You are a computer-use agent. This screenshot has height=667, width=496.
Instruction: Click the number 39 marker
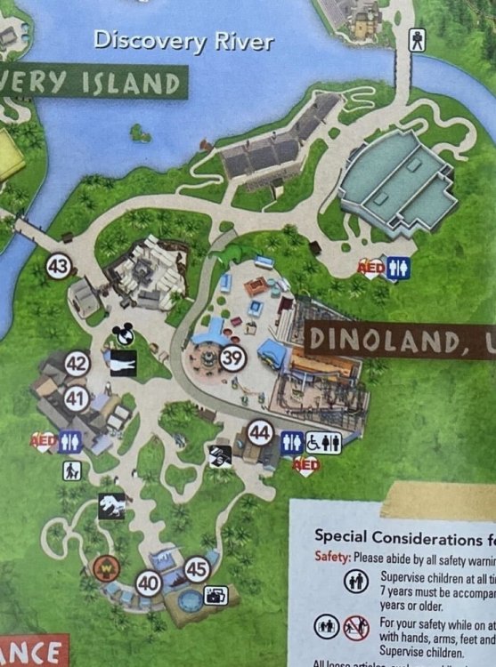point(232,358)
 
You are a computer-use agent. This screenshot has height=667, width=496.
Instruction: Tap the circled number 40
point(149,583)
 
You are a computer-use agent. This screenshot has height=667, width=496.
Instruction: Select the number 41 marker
point(76,399)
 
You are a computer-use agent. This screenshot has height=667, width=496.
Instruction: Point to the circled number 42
point(77,363)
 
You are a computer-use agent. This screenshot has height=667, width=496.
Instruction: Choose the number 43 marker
point(59,266)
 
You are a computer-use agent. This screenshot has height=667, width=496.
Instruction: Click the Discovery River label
point(183,40)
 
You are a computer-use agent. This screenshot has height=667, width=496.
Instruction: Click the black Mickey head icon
point(123,334)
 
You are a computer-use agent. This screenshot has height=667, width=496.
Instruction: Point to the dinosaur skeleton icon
point(111,506)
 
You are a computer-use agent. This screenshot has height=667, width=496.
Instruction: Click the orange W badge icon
point(104,566)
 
